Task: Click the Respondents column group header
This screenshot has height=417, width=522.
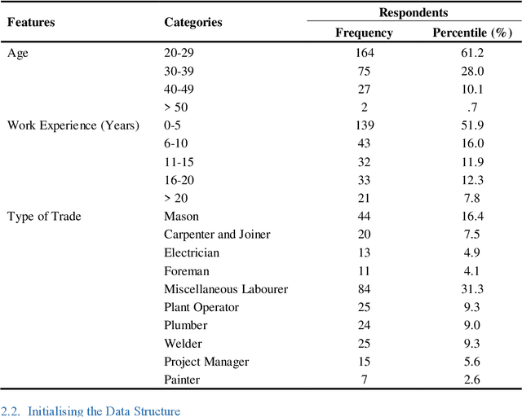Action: (413, 13)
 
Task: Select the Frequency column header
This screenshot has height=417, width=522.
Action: (364, 33)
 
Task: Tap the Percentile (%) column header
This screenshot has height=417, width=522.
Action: (471, 33)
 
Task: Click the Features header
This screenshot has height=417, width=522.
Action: (31, 22)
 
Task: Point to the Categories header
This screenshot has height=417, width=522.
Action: (193, 22)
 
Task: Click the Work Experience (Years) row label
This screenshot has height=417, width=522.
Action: (73, 125)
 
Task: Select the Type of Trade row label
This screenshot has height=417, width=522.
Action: (44, 217)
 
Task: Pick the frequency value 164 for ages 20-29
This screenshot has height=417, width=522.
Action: (364, 53)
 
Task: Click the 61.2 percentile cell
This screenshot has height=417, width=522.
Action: (471, 53)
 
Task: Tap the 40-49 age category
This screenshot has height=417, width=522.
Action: (180, 89)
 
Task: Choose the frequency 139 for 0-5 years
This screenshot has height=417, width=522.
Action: (364, 125)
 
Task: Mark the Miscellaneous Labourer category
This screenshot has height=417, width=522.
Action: (226, 289)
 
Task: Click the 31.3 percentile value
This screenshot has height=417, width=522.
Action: (471, 289)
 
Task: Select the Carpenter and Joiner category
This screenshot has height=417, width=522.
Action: (217, 235)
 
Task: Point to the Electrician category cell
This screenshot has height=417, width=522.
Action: (192, 252)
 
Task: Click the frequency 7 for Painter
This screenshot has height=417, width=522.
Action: (364, 380)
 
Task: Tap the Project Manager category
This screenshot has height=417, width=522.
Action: (206, 362)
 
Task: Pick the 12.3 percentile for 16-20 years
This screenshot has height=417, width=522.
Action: (471, 180)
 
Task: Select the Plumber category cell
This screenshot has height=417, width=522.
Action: (186, 325)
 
